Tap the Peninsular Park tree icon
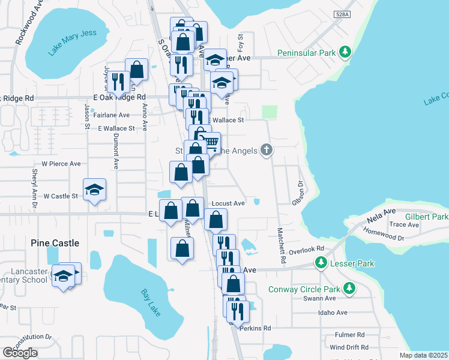tap(345, 53)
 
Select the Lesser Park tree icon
tap(321, 263)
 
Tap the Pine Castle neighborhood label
tap(55, 243)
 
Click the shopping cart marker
tap(209, 142)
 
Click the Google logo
tap(20, 353)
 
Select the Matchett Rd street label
tap(280, 246)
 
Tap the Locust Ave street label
tap(229, 203)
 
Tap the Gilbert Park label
tap(427, 216)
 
